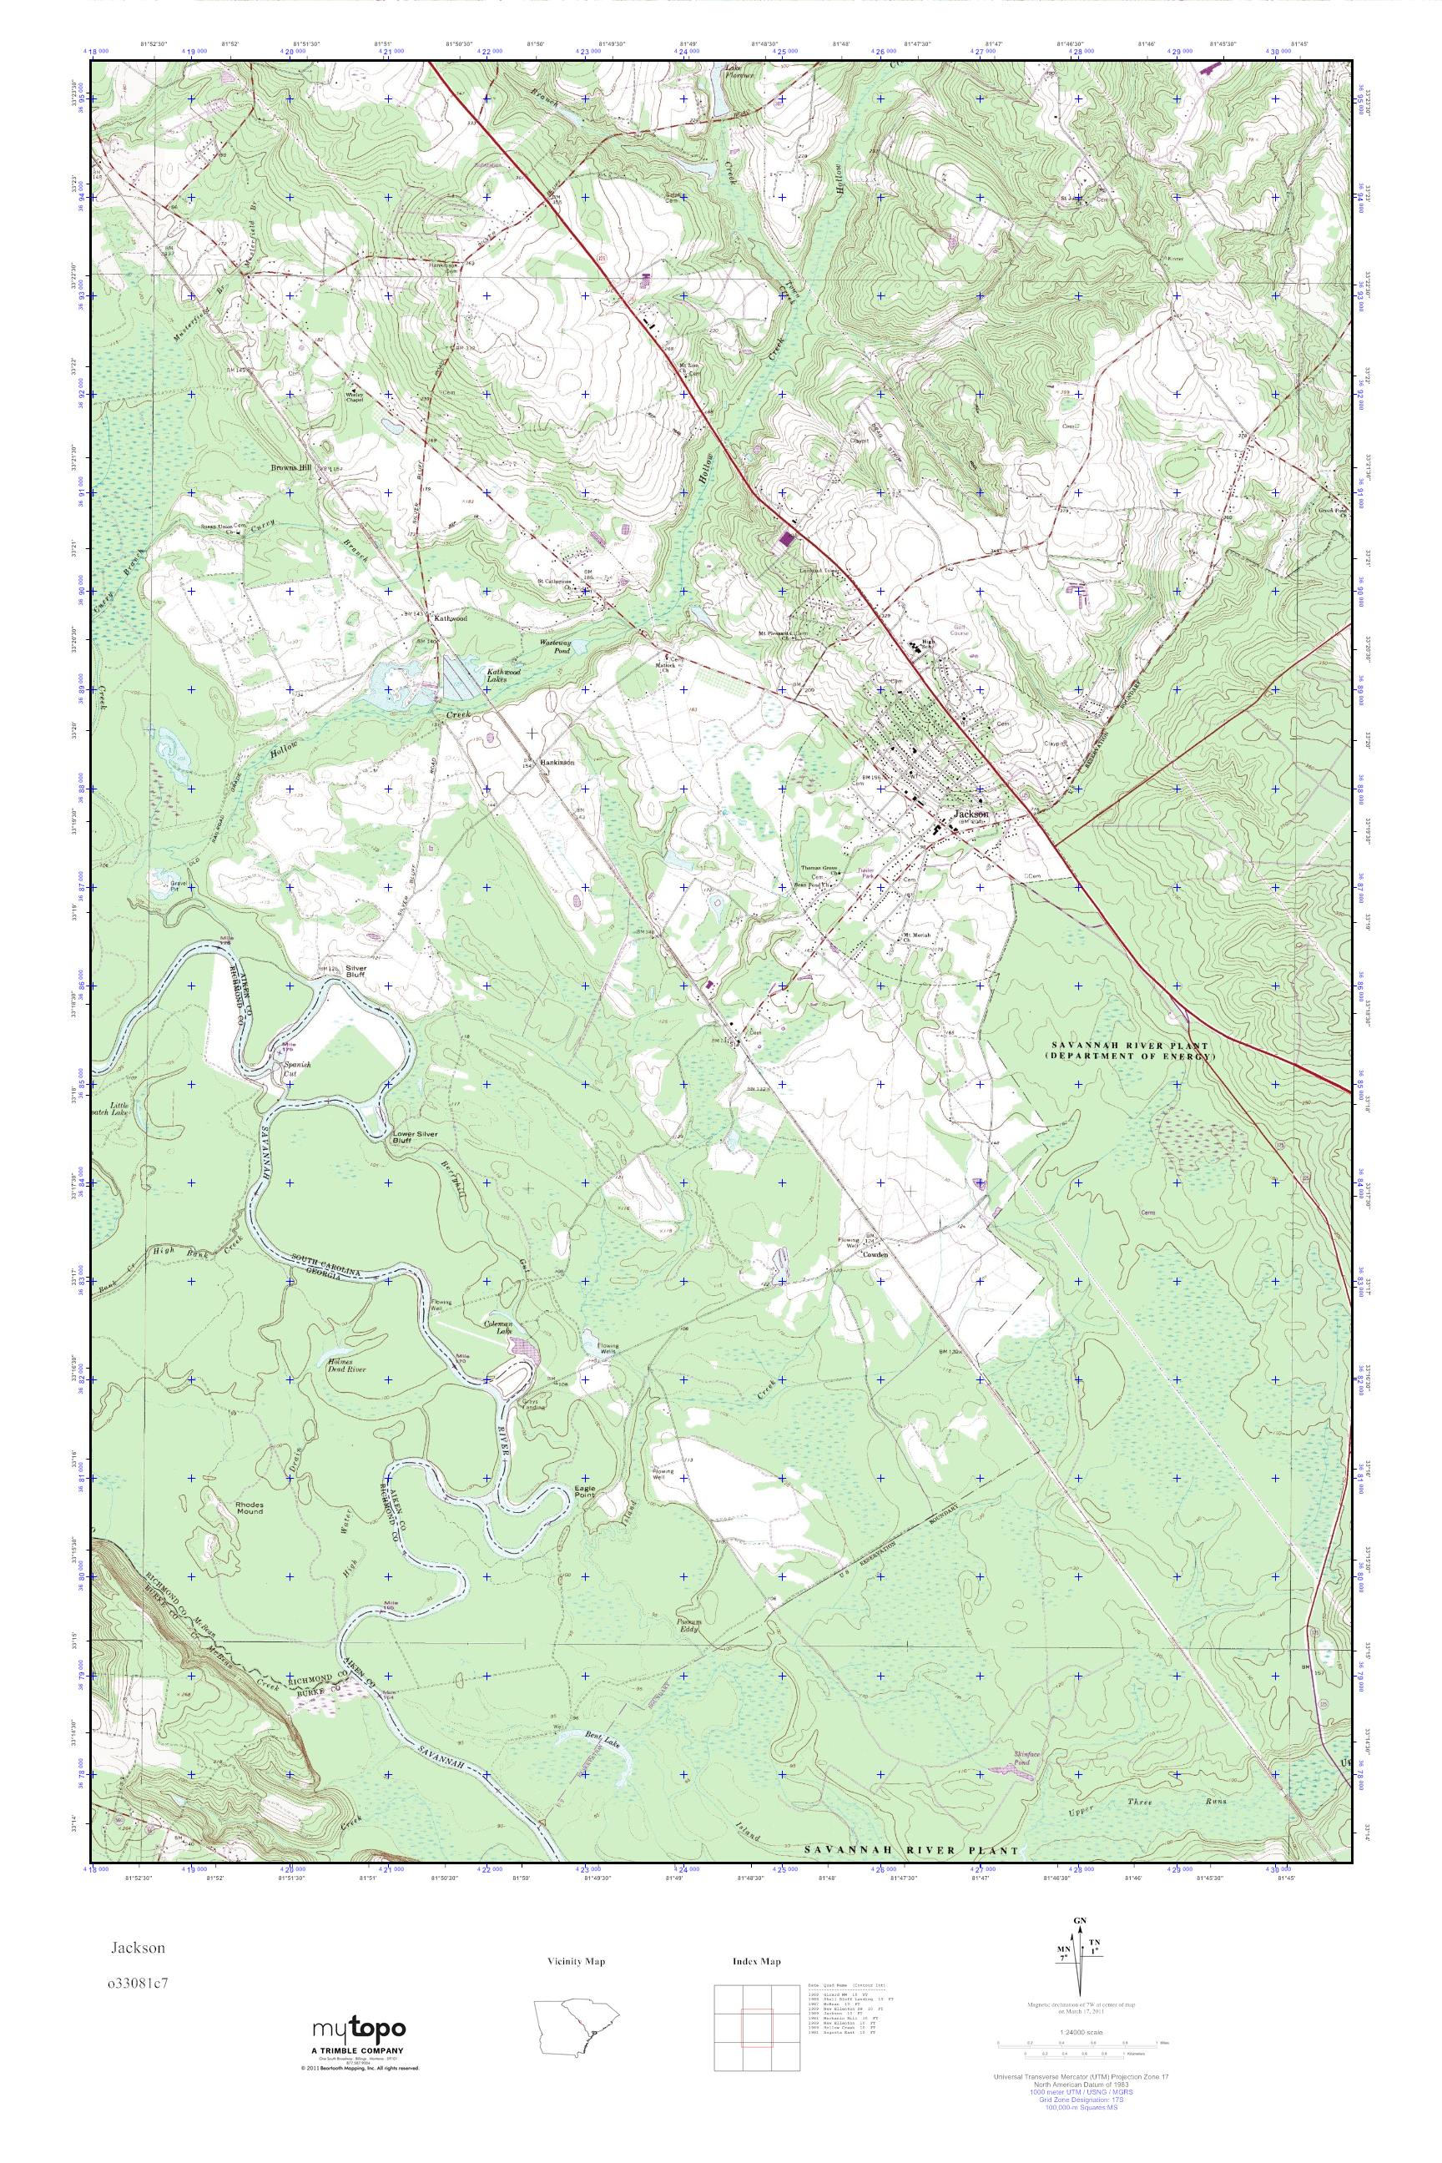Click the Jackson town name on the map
point(971,814)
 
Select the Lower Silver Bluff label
point(416,1137)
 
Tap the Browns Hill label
point(290,468)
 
